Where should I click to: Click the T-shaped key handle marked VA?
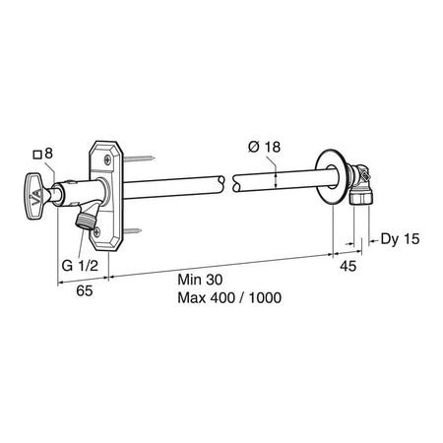point(36,196)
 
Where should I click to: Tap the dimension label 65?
point(85,290)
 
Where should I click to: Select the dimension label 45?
point(348,266)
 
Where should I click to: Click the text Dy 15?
point(400,239)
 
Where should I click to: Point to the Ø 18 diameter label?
point(265,147)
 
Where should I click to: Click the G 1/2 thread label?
point(80,265)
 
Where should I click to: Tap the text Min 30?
point(200,280)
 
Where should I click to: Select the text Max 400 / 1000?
point(229,297)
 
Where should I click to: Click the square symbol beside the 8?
point(37,155)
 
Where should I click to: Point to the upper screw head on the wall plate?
point(107,160)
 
